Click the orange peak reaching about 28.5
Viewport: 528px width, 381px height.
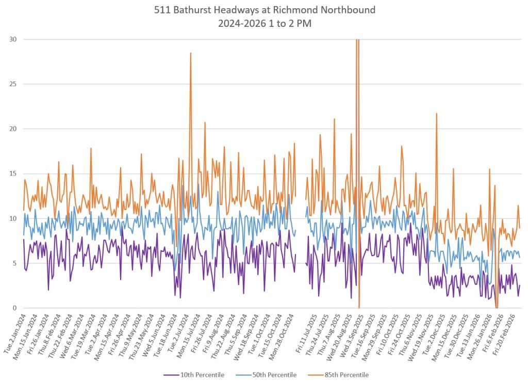point(191,53)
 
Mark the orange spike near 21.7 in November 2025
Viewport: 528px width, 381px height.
point(436,114)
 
